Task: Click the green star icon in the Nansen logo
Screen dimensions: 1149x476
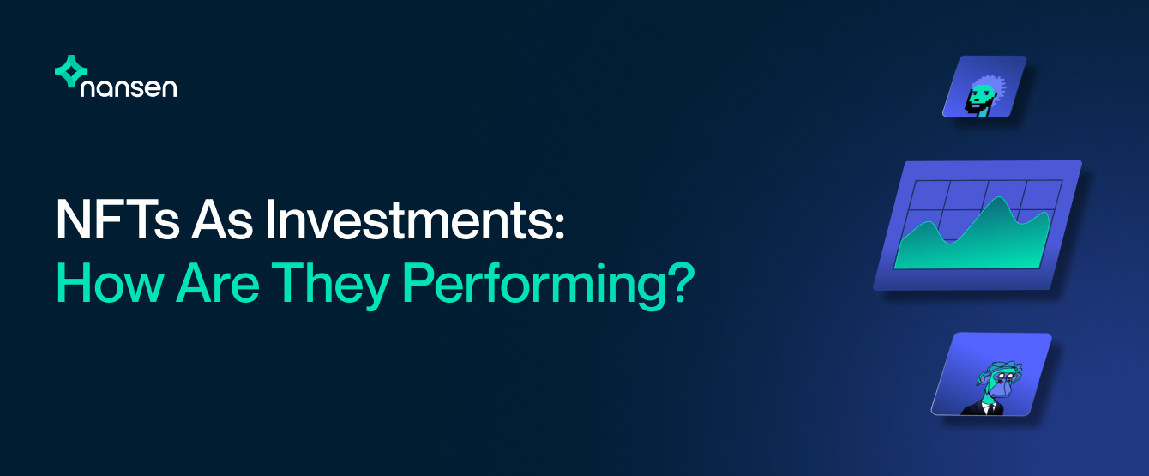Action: pos(71,71)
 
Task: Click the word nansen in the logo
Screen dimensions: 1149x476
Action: pos(129,87)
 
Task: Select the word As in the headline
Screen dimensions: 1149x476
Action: pos(222,219)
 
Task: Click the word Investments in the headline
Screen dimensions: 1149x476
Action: pos(408,219)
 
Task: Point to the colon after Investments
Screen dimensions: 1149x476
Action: pos(560,226)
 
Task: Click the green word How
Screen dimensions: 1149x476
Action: pos(110,283)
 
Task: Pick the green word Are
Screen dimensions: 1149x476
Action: pos(218,283)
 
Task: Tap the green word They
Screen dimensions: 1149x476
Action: pos(331,286)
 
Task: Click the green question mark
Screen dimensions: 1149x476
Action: pos(680,283)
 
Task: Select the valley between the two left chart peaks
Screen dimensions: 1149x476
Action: pos(950,242)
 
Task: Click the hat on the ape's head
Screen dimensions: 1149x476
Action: pos(1001,367)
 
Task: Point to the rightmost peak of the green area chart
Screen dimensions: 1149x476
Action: pos(1044,213)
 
